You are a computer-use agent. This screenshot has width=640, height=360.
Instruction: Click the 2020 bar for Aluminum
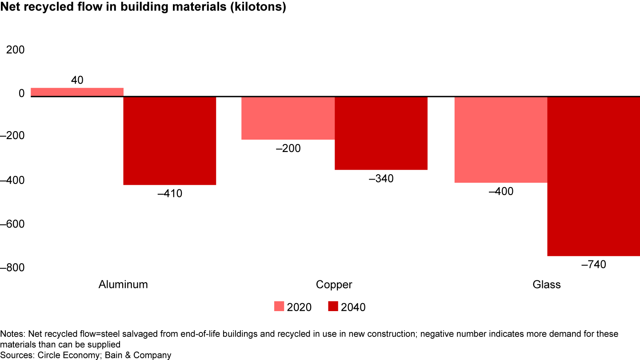(x=77, y=92)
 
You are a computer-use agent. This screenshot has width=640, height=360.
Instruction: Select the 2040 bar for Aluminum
(x=169, y=140)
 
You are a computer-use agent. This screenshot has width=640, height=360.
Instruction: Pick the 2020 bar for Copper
(x=288, y=118)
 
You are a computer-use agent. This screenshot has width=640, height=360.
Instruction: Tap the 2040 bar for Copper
(x=381, y=133)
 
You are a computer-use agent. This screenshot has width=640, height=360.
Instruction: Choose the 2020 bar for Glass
(x=500, y=139)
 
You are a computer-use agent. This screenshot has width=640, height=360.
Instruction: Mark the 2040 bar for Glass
(x=593, y=176)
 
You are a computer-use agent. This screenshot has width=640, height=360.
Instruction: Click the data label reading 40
(x=77, y=80)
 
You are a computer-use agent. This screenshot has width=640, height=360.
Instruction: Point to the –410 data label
(x=170, y=194)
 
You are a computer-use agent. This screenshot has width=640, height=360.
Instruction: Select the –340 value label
(x=381, y=179)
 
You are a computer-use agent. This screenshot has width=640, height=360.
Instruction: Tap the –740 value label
(x=593, y=265)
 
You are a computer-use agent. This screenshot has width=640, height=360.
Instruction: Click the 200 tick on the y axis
(x=15, y=50)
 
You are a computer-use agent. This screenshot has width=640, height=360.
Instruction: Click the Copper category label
(x=334, y=284)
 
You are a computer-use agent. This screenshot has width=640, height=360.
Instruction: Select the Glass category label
(x=547, y=284)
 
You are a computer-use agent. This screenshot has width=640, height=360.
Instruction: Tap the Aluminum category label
(x=123, y=284)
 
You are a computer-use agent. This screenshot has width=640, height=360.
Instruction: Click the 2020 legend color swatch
(x=279, y=307)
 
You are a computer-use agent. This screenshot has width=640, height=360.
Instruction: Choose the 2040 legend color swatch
(x=333, y=307)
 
